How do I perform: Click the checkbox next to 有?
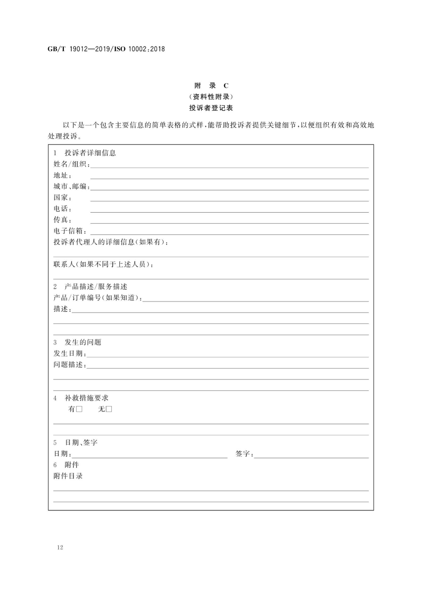tap(79, 409)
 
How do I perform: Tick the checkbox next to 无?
tap(109, 409)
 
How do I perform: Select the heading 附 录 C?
tap(211, 86)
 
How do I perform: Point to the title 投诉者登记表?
tap(211, 108)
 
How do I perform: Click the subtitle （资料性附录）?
tap(211, 97)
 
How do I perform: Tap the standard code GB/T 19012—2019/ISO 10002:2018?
tap(106, 49)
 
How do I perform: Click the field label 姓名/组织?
tap(71, 164)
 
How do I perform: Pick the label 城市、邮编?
tap(71, 187)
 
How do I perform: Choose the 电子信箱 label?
tap(70, 231)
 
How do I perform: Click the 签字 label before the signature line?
tap(244, 454)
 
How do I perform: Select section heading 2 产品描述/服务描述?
tap(90, 286)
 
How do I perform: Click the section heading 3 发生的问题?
tap(77, 342)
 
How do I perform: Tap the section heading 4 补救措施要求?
tap(81, 398)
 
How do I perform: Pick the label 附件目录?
tap(68, 476)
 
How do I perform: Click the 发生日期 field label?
tap(70, 353)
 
